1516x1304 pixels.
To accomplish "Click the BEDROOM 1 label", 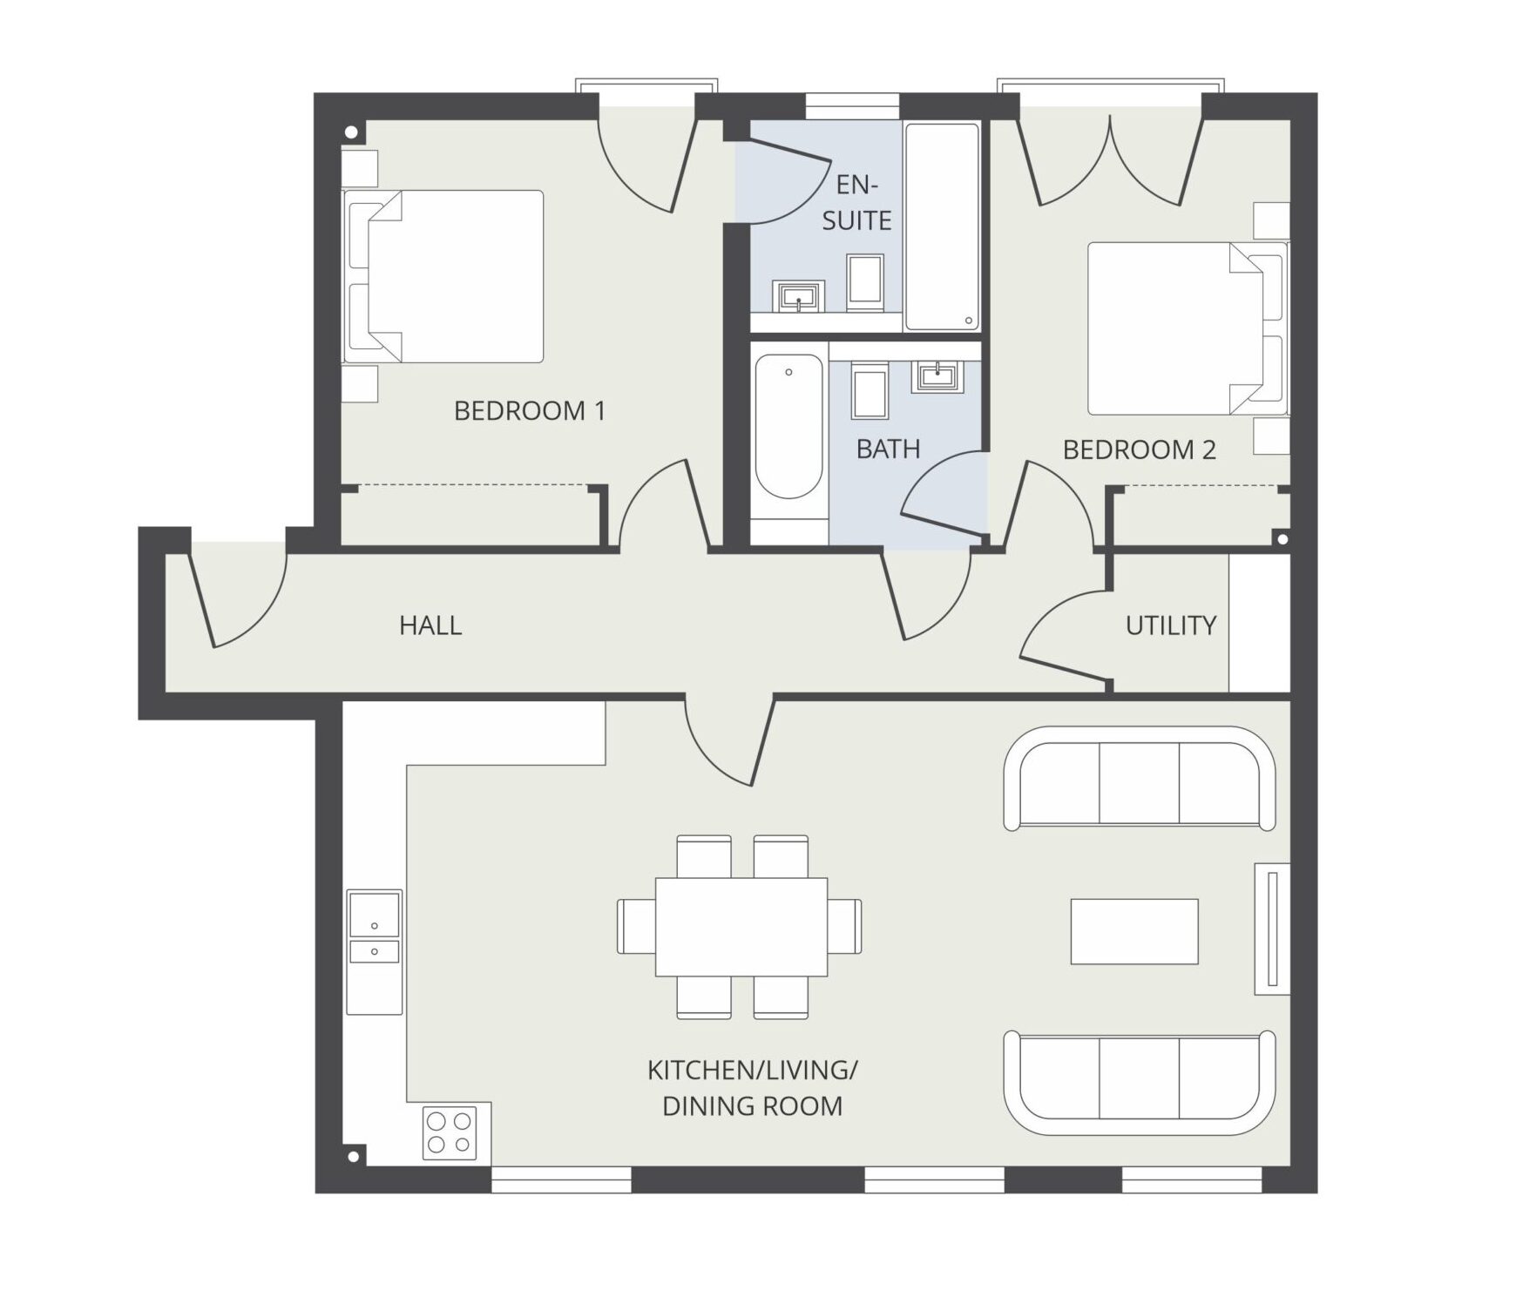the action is click(x=529, y=410).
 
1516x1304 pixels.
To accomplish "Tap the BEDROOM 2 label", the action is click(x=1139, y=449).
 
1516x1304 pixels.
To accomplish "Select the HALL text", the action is click(x=430, y=625).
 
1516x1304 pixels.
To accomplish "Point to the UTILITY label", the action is click(x=1170, y=625).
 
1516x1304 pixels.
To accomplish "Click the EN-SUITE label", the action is click(x=856, y=202).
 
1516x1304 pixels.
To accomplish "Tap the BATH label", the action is click(x=888, y=449).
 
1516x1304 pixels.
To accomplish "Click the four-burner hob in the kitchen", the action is click(x=450, y=1132).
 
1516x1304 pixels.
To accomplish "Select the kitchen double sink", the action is click(x=375, y=952).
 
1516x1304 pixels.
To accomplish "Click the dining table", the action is click(x=741, y=927).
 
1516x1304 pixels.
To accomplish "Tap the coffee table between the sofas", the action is click(x=1134, y=931).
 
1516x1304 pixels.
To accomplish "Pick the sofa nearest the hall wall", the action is click(x=1140, y=778).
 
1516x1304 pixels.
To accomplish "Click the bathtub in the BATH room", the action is click(x=788, y=427).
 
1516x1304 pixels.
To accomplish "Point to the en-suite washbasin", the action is click(x=798, y=297).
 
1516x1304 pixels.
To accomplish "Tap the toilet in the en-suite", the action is click(x=865, y=282).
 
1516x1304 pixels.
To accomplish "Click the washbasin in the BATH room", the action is click(x=937, y=376).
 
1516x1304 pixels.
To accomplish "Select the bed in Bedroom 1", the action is click(x=443, y=276).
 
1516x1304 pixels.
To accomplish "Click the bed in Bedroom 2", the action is click(x=1188, y=328).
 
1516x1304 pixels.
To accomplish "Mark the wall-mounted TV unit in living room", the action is click(x=1272, y=929).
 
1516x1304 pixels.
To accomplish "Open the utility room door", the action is click(x=1058, y=631).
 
